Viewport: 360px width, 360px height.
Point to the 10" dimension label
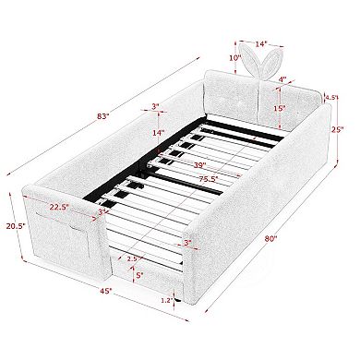(x=234, y=58)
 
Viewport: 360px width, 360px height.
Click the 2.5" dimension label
(x=132, y=258)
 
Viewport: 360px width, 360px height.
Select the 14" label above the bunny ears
(x=260, y=42)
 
